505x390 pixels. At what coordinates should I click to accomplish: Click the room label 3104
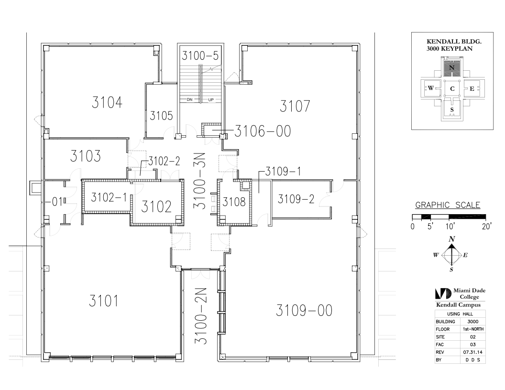[x=107, y=103]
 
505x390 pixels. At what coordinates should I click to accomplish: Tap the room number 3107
[x=295, y=106]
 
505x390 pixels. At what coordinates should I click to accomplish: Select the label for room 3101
[x=103, y=301]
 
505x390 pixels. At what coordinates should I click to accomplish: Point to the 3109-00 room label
[x=304, y=311]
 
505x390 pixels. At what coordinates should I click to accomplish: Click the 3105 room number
[x=161, y=116]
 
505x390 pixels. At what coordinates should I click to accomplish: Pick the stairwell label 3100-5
[x=200, y=55]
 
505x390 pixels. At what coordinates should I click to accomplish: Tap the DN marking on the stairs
[x=190, y=100]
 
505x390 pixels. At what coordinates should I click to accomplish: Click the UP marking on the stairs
[x=211, y=100]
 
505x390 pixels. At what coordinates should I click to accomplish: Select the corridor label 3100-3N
[x=200, y=181]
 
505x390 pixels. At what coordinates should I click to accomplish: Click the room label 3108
[x=234, y=202]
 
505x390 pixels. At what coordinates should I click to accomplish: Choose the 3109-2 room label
[x=296, y=199]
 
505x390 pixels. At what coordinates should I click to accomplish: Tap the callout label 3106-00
[x=263, y=131]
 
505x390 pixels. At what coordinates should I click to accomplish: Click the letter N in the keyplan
[x=451, y=67]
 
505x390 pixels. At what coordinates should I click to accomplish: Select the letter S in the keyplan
[x=452, y=110]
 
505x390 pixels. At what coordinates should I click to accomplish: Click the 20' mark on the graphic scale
[x=487, y=227]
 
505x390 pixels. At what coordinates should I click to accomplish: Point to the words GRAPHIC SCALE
[x=448, y=205]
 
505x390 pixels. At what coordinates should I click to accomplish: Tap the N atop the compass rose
[x=452, y=239]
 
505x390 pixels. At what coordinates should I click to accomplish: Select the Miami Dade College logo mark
[x=443, y=293]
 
